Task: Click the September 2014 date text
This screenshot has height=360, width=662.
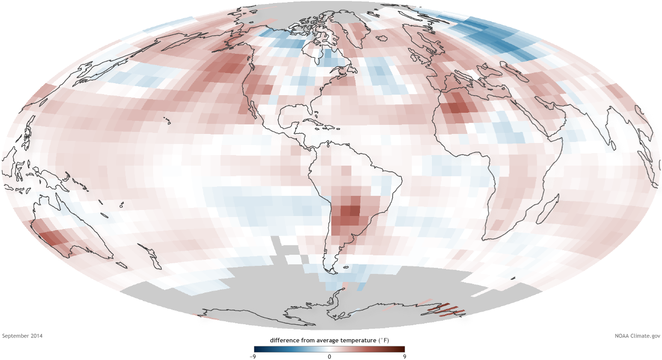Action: click(23, 335)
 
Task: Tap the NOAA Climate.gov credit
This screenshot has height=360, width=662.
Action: click(636, 335)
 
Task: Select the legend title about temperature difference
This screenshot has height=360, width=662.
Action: click(329, 340)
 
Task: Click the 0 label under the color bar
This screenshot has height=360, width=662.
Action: click(329, 356)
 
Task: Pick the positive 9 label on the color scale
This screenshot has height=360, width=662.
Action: click(404, 356)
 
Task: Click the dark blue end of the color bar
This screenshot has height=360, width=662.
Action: click(258, 349)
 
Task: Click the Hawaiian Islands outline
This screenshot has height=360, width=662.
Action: click(166, 120)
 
